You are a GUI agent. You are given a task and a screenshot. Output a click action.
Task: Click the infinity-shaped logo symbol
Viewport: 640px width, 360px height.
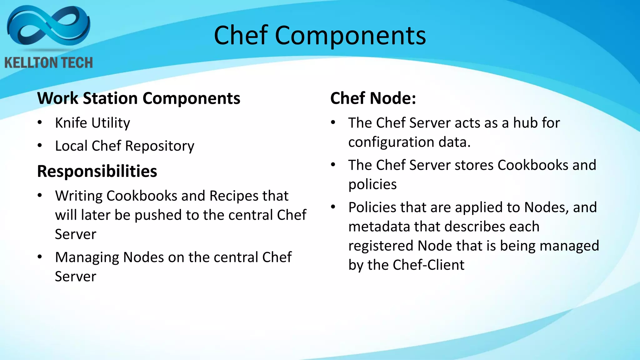(x=48, y=28)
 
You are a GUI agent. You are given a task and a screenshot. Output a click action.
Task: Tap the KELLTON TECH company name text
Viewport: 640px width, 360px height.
(x=49, y=63)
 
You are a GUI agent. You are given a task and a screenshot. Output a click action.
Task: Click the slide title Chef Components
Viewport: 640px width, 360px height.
(x=320, y=35)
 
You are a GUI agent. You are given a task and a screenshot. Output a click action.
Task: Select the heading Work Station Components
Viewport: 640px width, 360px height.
(x=139, y=98)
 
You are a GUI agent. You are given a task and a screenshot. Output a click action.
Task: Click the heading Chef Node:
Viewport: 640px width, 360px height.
(x=373, y=98)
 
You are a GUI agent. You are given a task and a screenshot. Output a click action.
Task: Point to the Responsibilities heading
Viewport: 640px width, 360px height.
(x=97, y=171)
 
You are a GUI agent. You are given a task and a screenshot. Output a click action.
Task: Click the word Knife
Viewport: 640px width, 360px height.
(x=71, y=123)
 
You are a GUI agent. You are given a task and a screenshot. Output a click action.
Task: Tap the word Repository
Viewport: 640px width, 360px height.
(x=160, y=146)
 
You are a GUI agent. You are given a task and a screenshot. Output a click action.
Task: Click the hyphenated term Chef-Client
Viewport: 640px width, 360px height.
(x=428, y=265)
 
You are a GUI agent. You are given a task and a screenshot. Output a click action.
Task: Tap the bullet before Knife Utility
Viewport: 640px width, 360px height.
(x=40, y=122)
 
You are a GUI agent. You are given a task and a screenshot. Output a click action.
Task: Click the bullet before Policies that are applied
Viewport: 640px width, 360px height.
(x=333, y=207)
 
